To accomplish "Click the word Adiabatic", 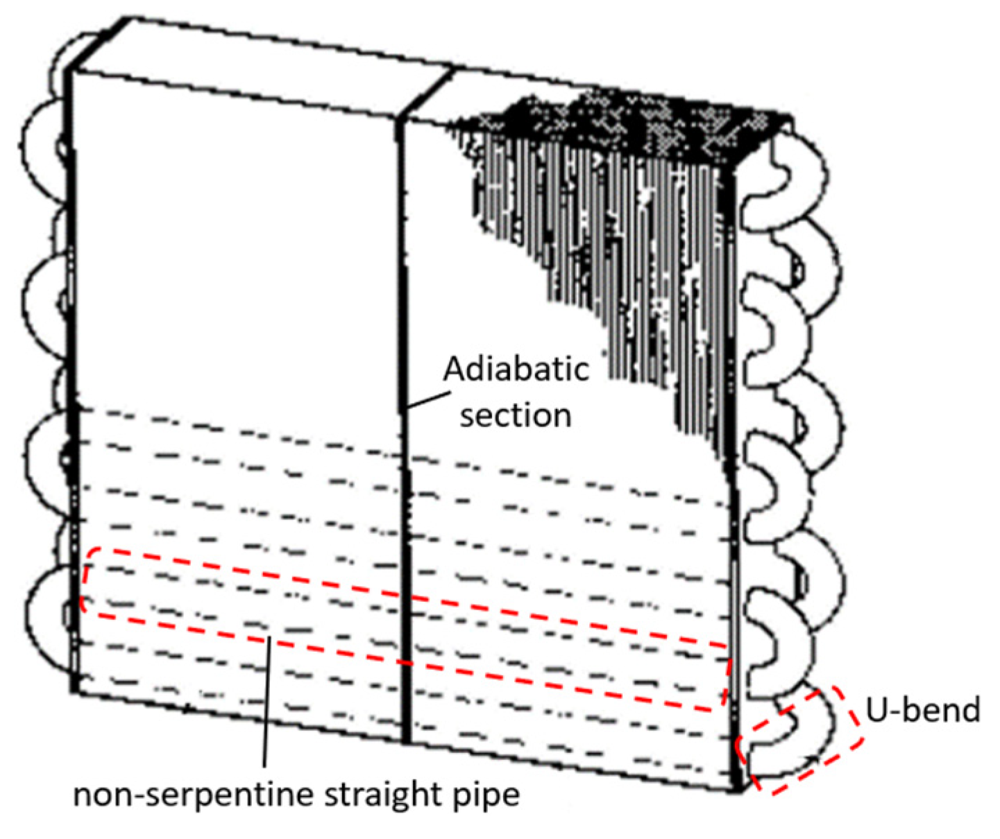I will pyautogui.click(x=516, y=370).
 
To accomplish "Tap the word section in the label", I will pyautogui.click(x=516, y=415).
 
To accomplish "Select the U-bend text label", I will pyautogui.click(x=922, y=710).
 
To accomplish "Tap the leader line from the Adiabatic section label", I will pyautogui.click(x=425, y=400).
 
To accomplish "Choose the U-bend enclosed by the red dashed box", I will pyautogui.click(x=798, y=735).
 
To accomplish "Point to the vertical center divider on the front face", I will pyautogui.click(x=403, y=485).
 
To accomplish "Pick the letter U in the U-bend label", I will pyautogui.click(x=876, y=710).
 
